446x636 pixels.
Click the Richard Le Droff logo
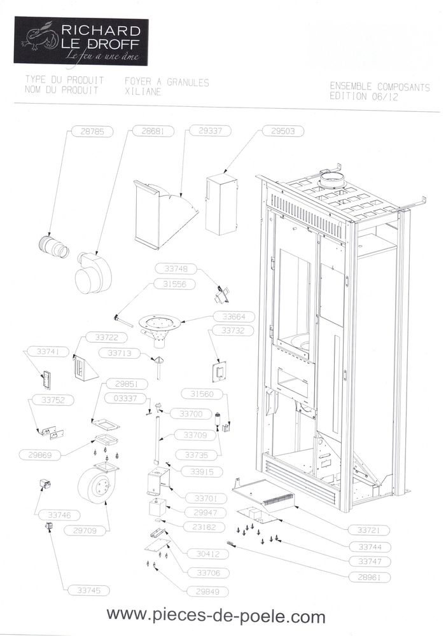(x=81, y=41)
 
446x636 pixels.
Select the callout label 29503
(x=283, y=132)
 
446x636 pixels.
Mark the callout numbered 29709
(x=85, y=529)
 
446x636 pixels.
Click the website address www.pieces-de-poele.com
(x=216, y=616)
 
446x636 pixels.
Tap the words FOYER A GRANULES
(x=167, y=82)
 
